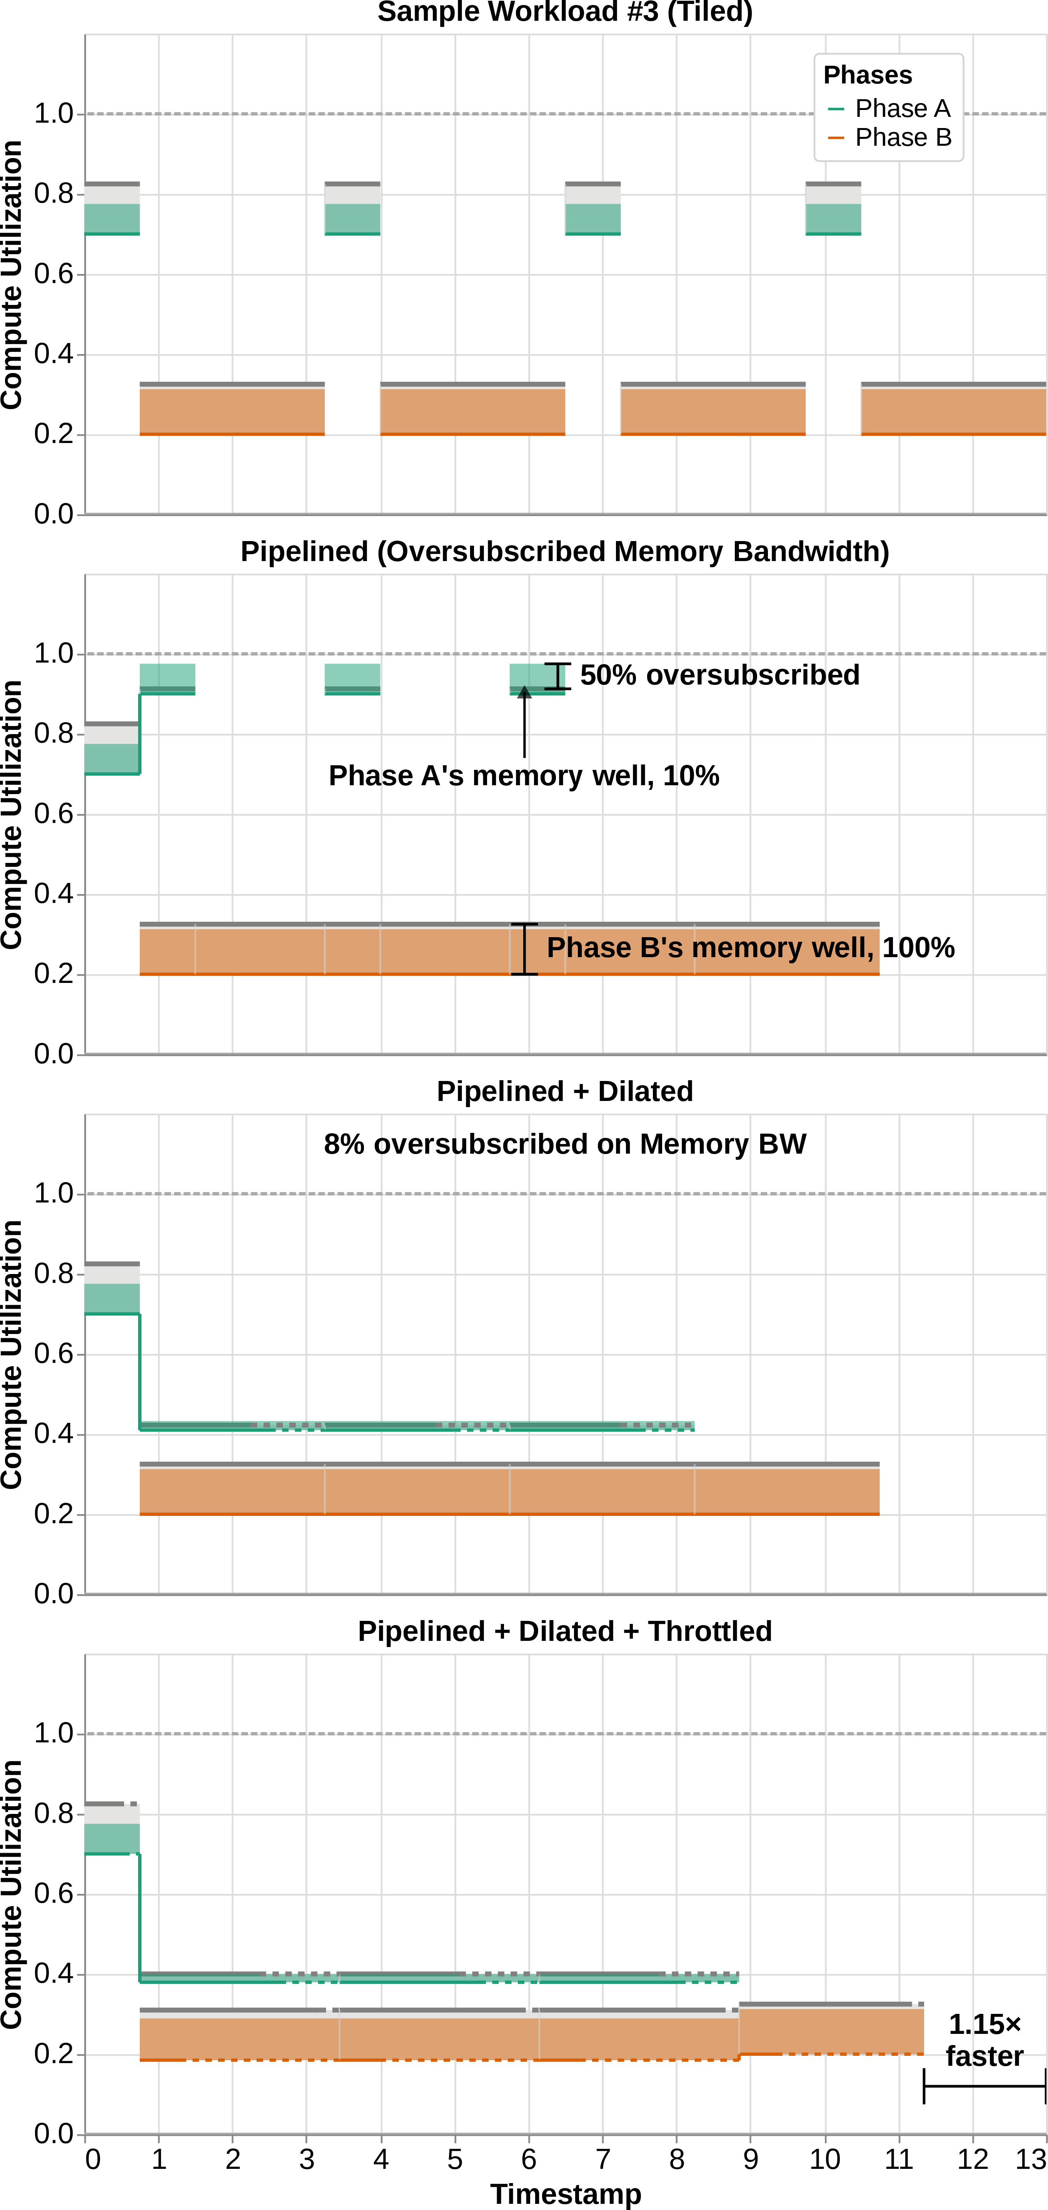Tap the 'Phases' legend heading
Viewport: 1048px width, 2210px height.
(x=868, y=75)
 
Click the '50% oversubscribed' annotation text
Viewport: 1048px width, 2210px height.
(x=719, y=675)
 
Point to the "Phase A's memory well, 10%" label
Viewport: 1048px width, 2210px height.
(x=524, y=776)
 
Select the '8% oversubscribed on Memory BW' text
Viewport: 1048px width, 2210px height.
(x=565, y=1144)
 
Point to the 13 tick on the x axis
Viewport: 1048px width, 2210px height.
(x=1031, y=2159)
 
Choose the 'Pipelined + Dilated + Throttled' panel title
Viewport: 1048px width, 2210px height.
(x=565, y=1631)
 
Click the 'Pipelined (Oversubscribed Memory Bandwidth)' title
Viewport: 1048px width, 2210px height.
(x=565, y=552)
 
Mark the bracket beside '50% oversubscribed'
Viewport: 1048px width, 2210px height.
(x=557, y=676)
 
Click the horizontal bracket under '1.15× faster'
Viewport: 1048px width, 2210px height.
(x=985, y=2087)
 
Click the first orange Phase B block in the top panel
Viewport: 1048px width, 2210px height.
(x=232, y=410)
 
